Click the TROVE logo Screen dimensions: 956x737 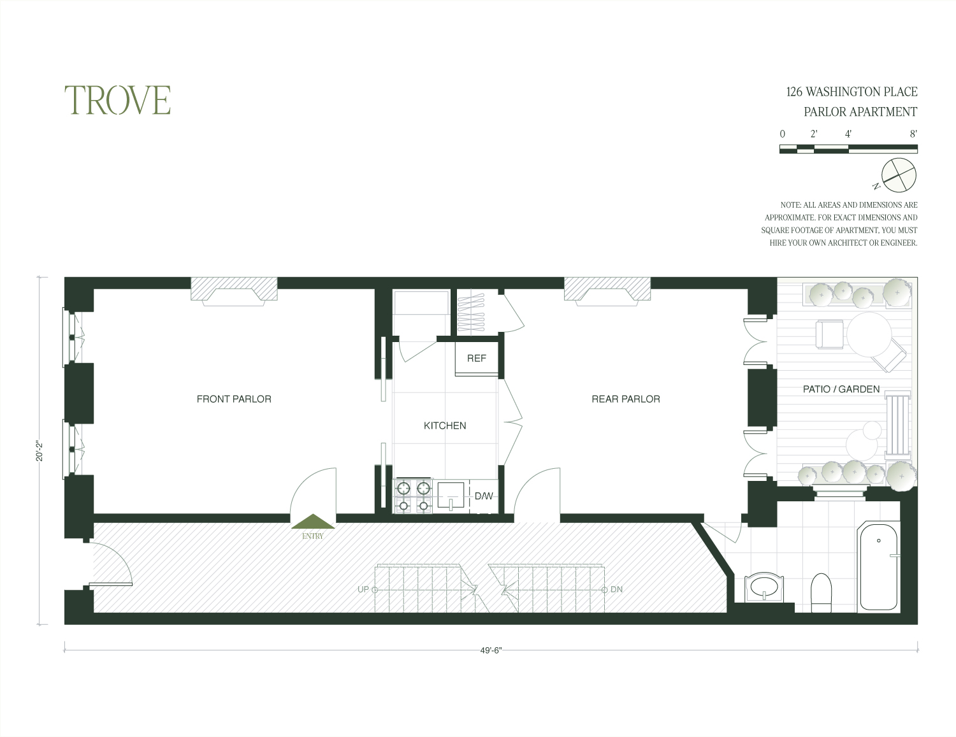pyautogui.click(x=117, y=100)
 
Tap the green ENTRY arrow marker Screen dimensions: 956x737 pyautogui.click(x=313, y=522)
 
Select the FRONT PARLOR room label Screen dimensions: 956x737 pyautogui.click(x=234, y=399)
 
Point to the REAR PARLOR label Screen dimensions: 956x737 pyautogui.click(x=626, y=399)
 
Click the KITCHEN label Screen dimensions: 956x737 pyautogui.click(x=445, y=426)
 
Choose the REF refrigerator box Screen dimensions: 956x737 pyautogui.click(x=477, y=359)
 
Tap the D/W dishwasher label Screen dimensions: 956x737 pyautogui.click(x=484, y=496)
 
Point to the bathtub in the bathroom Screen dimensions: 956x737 pyautogui.click(x=878, y=567)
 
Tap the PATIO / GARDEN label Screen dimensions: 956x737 pyautogui.click(x=841, y=389)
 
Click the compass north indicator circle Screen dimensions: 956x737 pyautogui.click(x=899, y=175)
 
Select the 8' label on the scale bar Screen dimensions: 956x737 pyautogui.click(x=914, y=134)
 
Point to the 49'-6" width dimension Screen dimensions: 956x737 pyautogui.click(x=491, y=650)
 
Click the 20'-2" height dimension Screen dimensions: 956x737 pyautogui.click(x=40, y=451)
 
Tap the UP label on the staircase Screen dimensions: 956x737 pyautogui.click(x=363, y=589)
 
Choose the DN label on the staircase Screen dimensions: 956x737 pyautogui.click(x=616, y=589)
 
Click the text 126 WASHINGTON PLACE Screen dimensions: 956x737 pyautogui.click(x=851, y=92)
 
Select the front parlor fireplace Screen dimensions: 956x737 pyautogui.click(x=234, y=292)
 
